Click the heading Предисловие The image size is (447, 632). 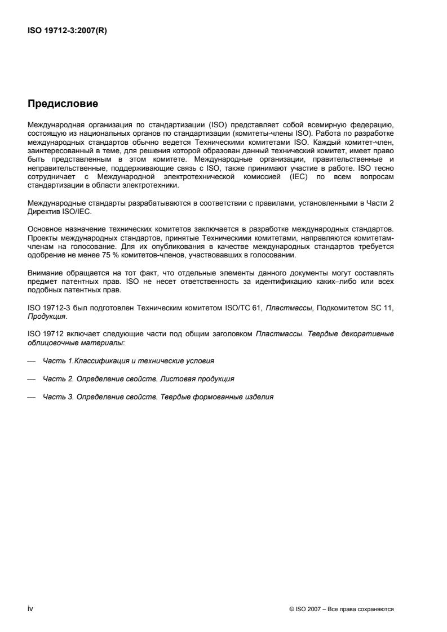point(63,104)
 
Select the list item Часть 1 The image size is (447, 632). point(129,359)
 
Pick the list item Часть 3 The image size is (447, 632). point(158,397)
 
